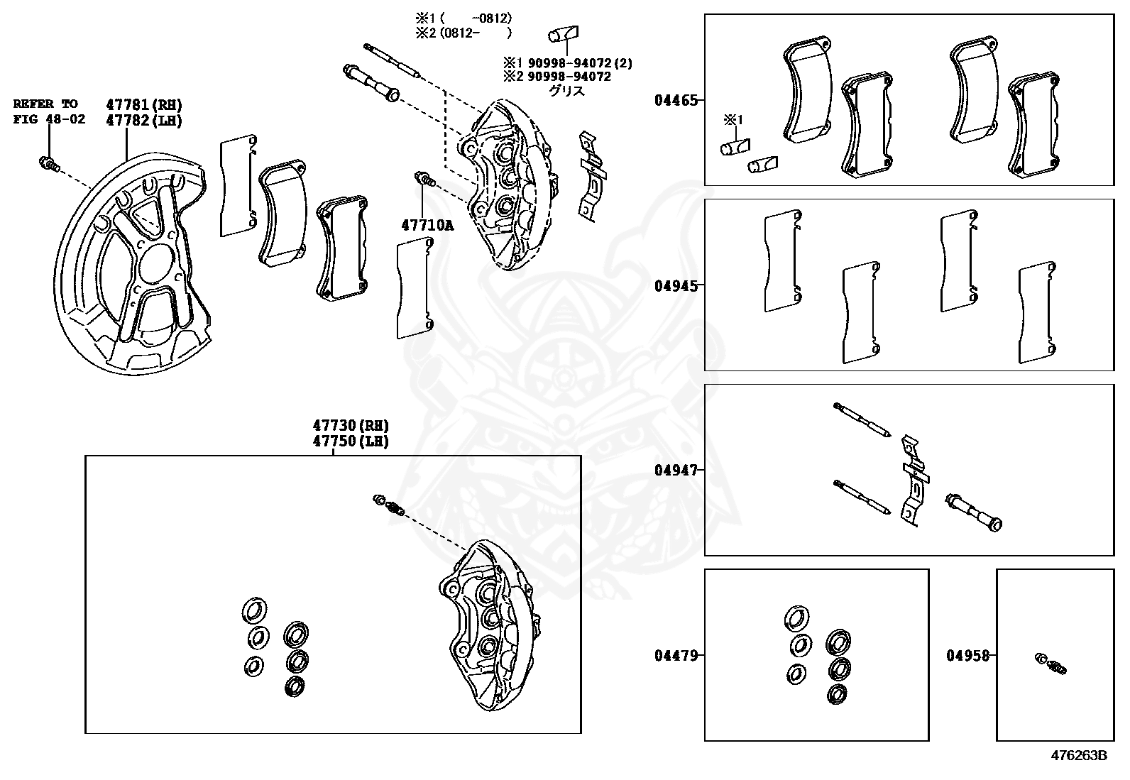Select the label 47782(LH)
pos(144,121)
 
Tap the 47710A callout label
pos(427,225)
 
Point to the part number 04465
pos(676,101)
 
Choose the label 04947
pos(676,470)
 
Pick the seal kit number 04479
pos(676,655)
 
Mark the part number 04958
pos(967,655)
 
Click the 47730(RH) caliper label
pos(351,426)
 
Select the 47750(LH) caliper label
pos(351,441)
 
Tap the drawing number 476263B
pos(1079,754)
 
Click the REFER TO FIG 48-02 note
pos(49,111)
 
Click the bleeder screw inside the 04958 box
pos(1051,662)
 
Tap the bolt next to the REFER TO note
pos(47,164)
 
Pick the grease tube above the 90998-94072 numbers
pos(564,34)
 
